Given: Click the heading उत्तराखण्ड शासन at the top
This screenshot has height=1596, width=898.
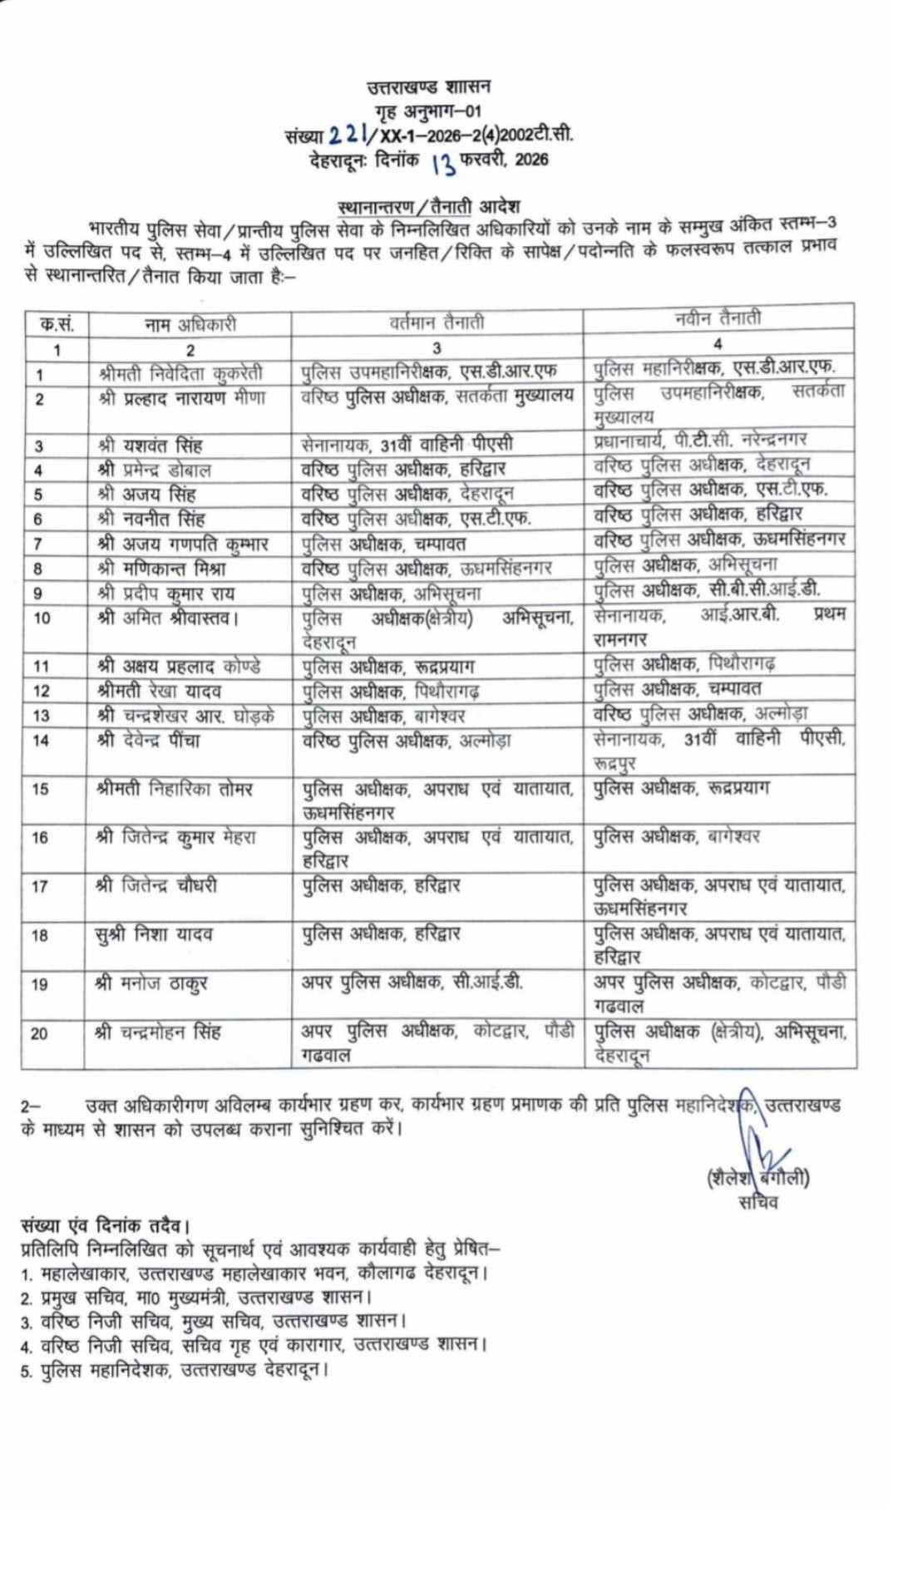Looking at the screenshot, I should [429, 86].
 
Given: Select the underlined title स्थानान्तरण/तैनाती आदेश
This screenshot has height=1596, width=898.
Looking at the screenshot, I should [429, 205].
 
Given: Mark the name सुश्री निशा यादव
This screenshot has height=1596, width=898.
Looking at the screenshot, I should [154, 935].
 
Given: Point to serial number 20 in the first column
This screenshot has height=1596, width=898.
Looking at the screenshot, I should [40, 1034].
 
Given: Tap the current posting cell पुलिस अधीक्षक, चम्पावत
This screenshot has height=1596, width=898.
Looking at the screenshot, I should [384, 544].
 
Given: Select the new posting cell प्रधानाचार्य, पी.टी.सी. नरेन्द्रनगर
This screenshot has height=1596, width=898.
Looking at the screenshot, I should [700, 440].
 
